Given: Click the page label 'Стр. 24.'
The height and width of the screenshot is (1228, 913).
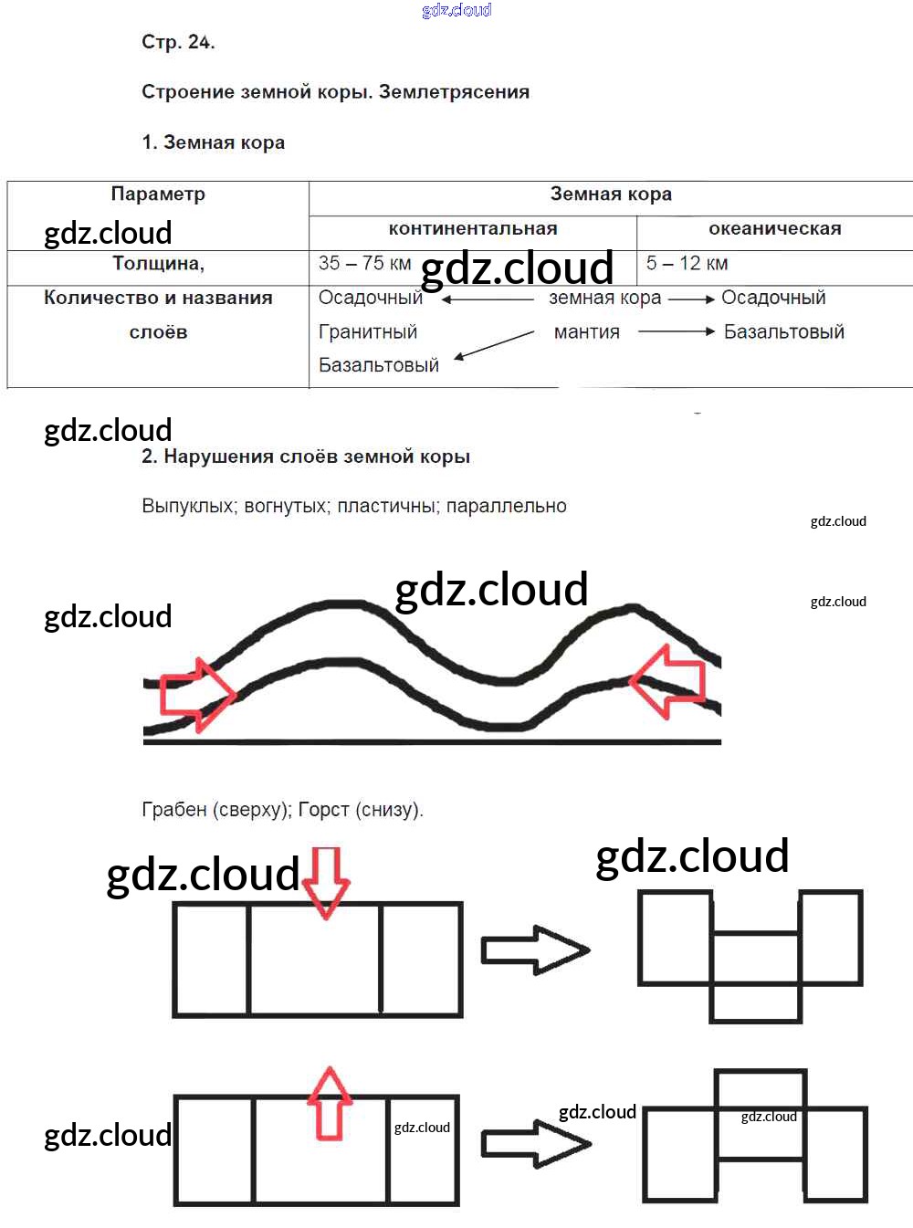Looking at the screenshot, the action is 178,42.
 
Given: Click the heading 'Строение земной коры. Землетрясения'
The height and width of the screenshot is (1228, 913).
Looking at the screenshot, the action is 335,92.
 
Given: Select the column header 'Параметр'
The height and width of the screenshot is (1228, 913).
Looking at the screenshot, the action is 158,194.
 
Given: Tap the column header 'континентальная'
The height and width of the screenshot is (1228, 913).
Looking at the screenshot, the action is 472,229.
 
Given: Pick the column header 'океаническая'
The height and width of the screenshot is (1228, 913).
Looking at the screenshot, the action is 774,229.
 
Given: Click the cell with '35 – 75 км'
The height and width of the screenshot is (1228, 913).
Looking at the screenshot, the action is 364,264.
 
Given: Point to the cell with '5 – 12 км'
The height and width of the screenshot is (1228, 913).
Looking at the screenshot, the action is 687,264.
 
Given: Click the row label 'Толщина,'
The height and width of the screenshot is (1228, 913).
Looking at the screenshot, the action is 158,264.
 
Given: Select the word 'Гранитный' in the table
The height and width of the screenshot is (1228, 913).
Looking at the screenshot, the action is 367,332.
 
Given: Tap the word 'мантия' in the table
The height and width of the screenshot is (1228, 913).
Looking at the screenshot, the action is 586,332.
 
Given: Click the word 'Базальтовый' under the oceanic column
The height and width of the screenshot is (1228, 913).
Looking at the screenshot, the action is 783,332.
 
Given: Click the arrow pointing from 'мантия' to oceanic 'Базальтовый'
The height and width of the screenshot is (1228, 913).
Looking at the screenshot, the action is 676,332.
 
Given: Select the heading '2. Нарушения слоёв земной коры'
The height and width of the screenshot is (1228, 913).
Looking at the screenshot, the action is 306,457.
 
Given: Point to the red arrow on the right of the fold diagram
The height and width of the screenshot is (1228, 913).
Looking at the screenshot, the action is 669,680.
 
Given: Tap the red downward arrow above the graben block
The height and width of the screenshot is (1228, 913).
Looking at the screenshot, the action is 326,880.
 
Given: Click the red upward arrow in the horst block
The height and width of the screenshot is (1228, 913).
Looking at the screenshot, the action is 329,1103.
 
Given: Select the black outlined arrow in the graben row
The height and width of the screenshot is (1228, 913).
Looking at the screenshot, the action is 534,950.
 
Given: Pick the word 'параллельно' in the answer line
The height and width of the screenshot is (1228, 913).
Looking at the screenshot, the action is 506,507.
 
